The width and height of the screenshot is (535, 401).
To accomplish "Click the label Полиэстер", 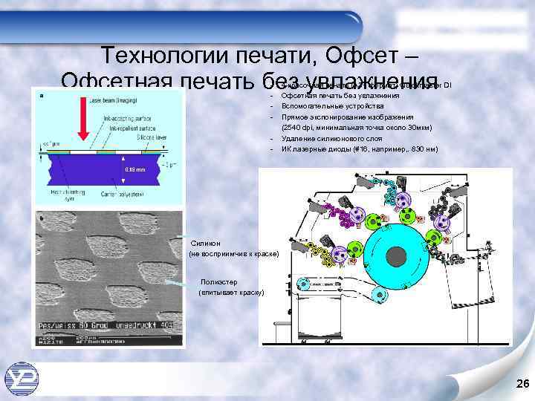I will tap(221, 282).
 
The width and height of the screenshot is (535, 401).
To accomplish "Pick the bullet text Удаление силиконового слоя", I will tap(328, 139).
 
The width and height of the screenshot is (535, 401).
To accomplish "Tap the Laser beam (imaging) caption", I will tap(111, 100).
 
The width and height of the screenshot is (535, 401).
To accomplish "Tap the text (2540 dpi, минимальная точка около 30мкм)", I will tap(356, 128).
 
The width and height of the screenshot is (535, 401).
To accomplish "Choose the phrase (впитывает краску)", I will tap(231, 293).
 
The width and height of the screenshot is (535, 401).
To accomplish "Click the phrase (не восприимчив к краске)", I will tap(234, 254).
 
